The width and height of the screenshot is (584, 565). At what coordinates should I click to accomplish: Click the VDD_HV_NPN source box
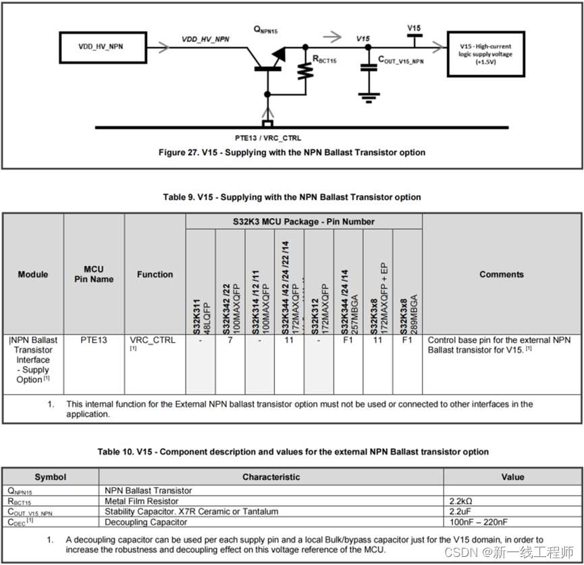101,47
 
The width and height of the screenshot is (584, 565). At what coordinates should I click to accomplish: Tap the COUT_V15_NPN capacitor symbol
368,67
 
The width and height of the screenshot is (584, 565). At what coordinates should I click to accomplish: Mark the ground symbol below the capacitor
368,97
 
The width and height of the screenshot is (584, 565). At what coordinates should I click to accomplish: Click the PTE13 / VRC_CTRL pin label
268,137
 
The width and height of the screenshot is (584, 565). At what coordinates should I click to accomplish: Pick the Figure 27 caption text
292,153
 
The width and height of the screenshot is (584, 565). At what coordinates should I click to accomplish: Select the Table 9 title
292,197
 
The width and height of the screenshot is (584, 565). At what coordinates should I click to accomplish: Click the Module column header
33,274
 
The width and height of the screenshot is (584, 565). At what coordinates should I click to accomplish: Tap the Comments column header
501,274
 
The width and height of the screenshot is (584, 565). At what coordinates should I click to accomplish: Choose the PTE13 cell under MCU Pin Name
94,340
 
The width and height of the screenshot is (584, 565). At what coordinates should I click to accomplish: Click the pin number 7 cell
230,340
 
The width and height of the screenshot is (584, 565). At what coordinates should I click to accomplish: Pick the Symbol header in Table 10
51,477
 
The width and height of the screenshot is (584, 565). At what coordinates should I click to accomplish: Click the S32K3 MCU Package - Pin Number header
304,221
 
